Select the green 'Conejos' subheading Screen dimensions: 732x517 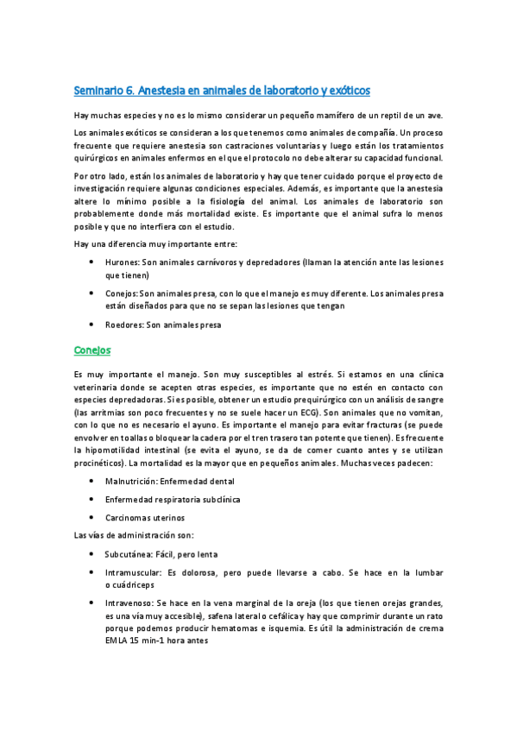pyautogui.click(x=93, y=350)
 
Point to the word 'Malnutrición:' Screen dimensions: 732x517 pyautogui.click(x=131, y=480)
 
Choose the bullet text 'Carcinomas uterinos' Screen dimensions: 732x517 pyautogui.click(x=144, y=517)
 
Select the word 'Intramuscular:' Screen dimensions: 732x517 pyautogui.click(x=136, y=573)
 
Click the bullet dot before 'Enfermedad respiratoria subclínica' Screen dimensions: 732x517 pyautogui.click(x=93, y=499)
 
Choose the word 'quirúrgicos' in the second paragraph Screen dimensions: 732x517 pyautogui.click(x=99, y=157)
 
